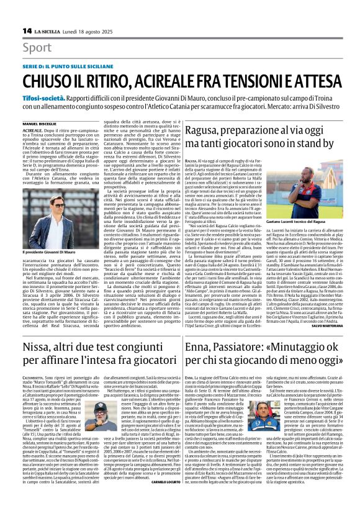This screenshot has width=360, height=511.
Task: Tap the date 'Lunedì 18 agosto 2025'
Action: click(88, 30)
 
